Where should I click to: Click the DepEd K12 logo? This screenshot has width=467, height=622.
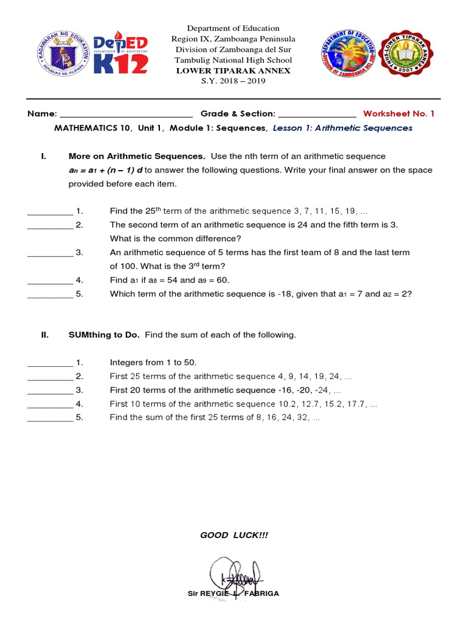click(120, 51)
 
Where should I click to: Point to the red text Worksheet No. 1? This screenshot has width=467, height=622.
click(399, 114)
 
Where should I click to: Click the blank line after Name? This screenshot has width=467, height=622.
click(126, 115)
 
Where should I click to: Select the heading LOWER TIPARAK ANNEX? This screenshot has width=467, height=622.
click(233, 70)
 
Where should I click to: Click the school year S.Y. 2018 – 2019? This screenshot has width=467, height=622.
click(233, 81)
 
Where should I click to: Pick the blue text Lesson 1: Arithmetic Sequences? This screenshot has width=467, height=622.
click(343, 128)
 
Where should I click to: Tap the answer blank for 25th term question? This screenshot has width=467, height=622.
click(50, 213)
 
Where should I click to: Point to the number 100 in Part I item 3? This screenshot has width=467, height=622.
click(124, 266)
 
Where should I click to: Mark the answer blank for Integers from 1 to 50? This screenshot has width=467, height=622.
click(50, 364)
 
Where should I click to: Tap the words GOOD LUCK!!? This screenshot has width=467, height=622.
click(234, 535)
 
